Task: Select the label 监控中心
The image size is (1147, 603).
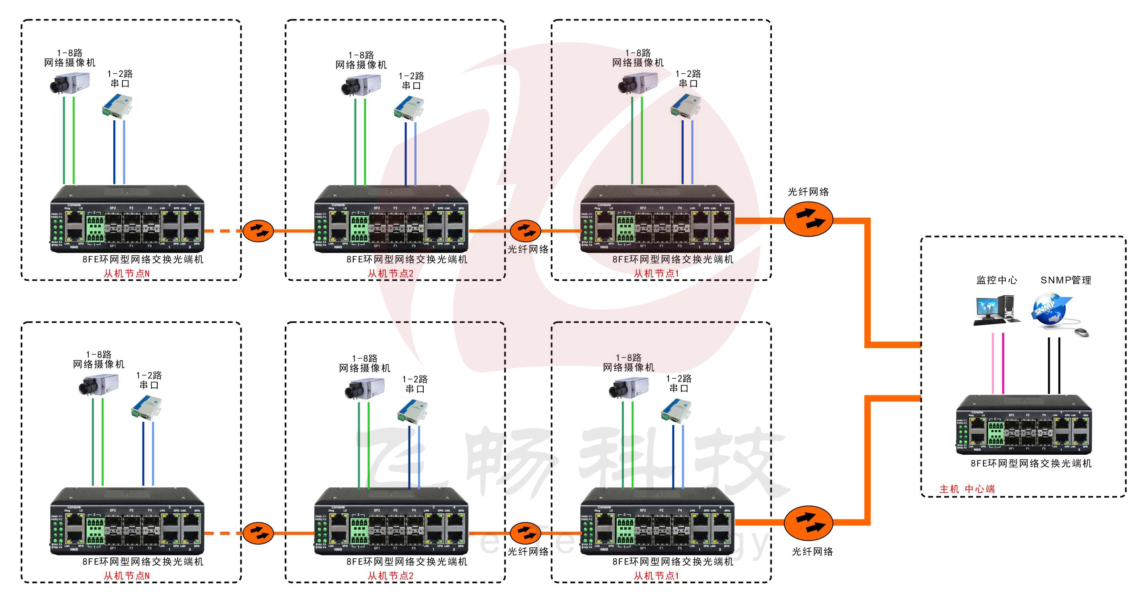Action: (997, 280)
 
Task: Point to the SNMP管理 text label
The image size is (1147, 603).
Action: (1065, 280)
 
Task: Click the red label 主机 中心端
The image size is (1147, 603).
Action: (967, 489)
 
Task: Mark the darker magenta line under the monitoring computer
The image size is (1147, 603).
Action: (1003, 363)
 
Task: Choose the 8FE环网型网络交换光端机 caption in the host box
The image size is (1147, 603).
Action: (1031, 463)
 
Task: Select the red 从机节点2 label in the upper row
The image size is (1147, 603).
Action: (390, 274)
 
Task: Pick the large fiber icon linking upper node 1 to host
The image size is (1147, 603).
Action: (808, 219)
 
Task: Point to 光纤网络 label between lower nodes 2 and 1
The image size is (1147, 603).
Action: (528, 551)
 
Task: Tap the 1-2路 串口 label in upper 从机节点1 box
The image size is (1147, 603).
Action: (688, 78)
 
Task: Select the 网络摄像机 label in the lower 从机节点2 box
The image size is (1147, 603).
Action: (365, 368)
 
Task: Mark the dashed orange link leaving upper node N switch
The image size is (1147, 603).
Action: (222, 230)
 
